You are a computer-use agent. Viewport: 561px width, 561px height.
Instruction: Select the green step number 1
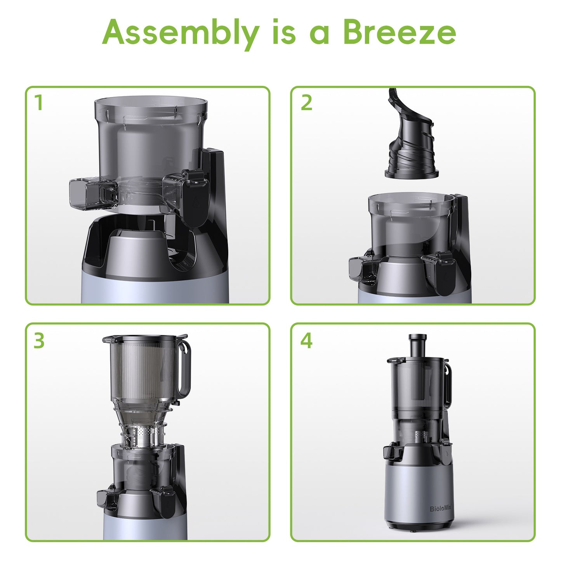[x=38, y=103]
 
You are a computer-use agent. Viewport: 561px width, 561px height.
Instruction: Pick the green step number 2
[x=306, y=103]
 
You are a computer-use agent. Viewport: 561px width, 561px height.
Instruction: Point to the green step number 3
[x=39, y=340]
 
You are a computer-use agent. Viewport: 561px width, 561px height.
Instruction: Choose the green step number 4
[x=306, y=340]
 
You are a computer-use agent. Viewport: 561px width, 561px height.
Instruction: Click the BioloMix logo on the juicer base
[x=440, y=509]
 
